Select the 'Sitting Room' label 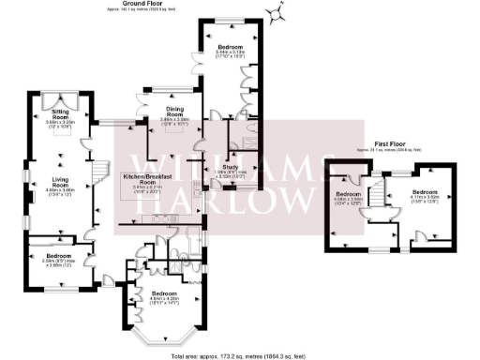[65, 114]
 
